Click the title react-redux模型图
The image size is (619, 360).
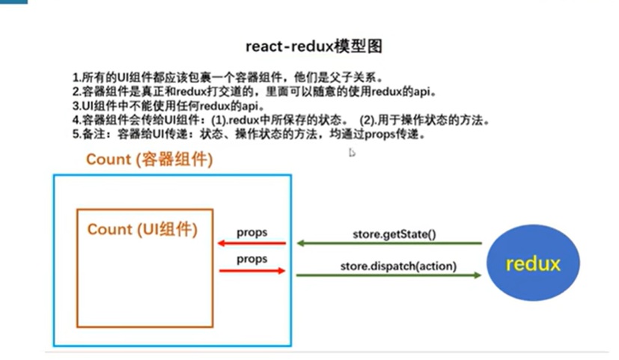[314, 46]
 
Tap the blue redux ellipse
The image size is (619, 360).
[533, 264]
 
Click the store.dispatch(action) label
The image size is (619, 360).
[398, 266]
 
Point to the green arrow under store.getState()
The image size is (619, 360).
[388, 243]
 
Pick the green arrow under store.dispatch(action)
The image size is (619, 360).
[388, 275]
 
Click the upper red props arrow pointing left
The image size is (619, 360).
[251, 243]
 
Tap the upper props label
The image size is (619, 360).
[252, 233]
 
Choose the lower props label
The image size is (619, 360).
[252, 259]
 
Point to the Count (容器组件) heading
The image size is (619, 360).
[150, 159]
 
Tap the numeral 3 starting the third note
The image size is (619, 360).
[76, 106]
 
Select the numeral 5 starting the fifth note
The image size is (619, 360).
[76, 134]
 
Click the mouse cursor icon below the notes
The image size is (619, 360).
[352, 153]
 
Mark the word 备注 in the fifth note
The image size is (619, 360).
[97, 134]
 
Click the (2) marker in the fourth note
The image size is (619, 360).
[368, 120]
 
